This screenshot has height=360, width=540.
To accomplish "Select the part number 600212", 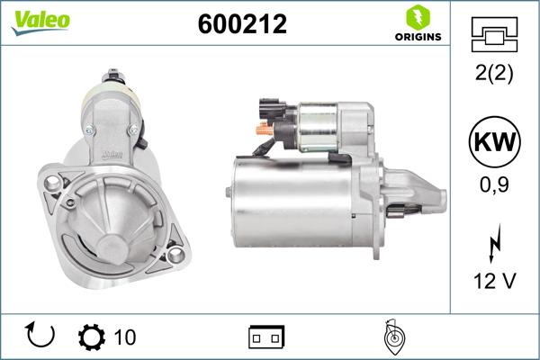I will point(241,24).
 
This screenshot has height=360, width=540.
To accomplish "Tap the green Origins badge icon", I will point(417,18).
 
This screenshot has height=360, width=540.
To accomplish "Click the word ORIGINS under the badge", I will point(418,37).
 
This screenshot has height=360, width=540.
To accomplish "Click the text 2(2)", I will point(493,75).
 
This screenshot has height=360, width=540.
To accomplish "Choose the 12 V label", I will point(493,282).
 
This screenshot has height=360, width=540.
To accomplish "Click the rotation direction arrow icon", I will point(41,337).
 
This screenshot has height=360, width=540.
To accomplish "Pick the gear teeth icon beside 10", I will point(93,337).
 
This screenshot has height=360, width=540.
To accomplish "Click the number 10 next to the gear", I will point(125,337).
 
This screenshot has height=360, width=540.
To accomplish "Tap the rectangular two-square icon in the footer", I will point(266,337).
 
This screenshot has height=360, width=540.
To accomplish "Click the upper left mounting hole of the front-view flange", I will point(52,184).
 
